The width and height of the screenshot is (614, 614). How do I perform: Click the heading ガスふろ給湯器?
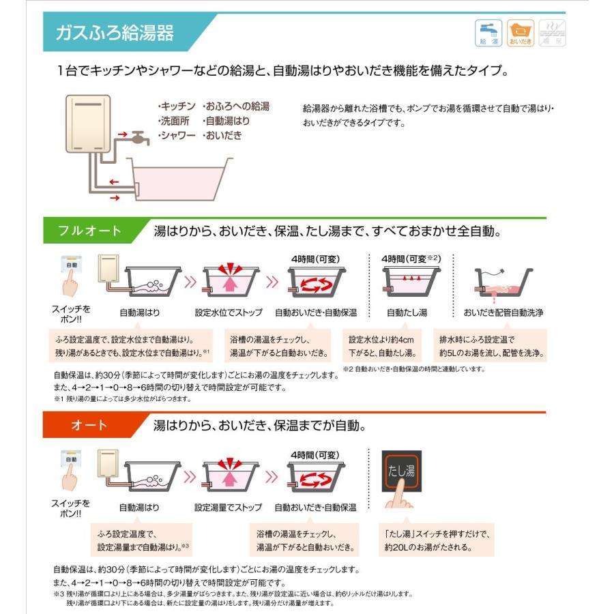click(x=114, y=32)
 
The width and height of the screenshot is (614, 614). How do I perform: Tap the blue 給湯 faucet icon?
click(x=488, y=32)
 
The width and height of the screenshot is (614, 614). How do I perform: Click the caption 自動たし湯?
click(x=407, y=313)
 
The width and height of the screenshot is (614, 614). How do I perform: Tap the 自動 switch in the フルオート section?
click(x=72, y=264)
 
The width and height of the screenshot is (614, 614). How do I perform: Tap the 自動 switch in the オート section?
click(x=72, y=458)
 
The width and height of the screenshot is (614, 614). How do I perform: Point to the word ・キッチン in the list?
click(x=177, y=106)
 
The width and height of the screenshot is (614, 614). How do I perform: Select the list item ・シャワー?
click(x=177, y=136)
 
